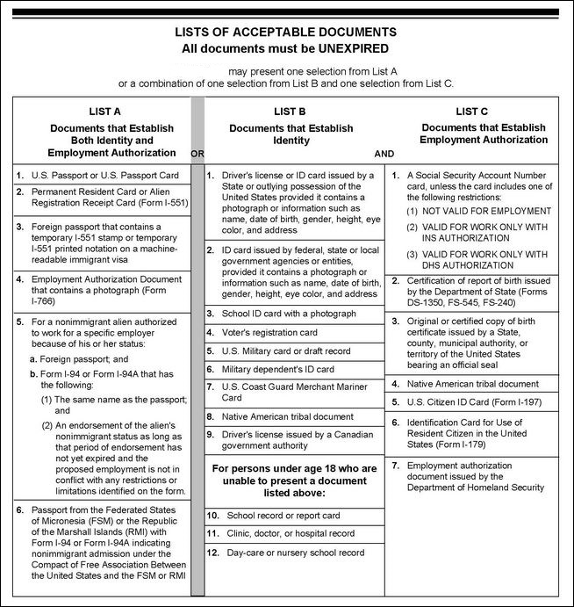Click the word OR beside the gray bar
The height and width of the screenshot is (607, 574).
point(197,153)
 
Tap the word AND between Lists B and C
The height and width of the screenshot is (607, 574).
point(384,153)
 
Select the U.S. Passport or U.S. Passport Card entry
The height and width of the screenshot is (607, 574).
point(104,176)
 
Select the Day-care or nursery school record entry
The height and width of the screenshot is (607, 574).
point(296,553)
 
